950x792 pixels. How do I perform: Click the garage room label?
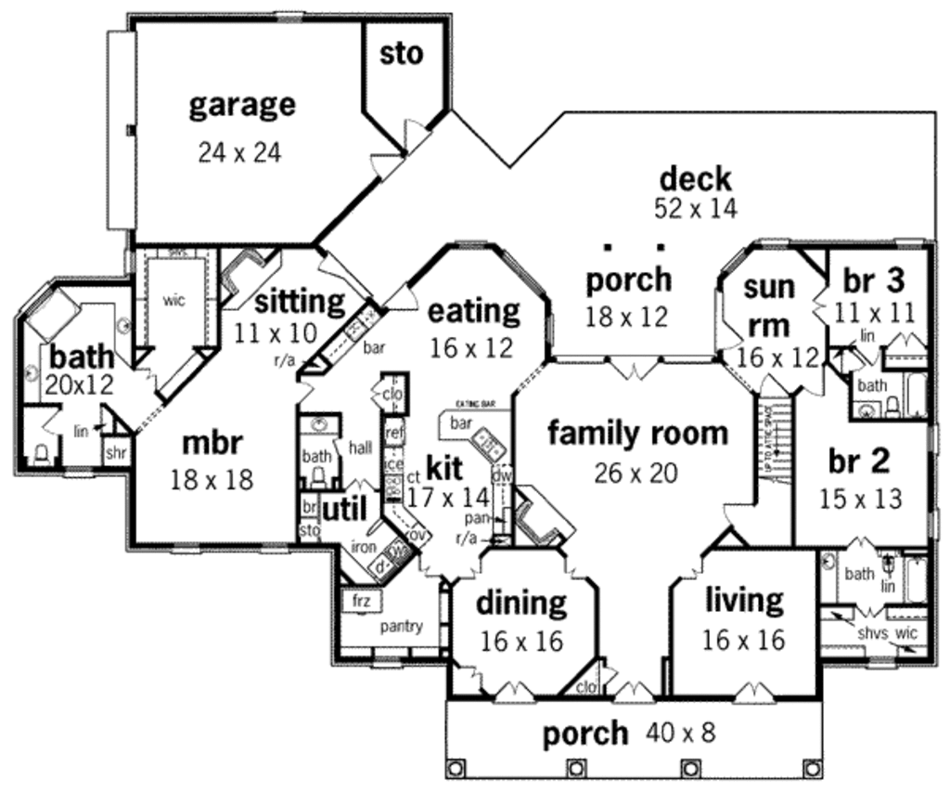pyautogui.click(x=242, y=105)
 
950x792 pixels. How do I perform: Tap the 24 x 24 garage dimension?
pyautogui.click(x=239, y=151)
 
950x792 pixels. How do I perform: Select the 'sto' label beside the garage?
pyautogui.click(x=401, y=54)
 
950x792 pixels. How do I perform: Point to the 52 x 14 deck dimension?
pyautogui.click(x=696, y=208)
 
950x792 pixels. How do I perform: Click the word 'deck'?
pyautogui.click(x=695, y=178)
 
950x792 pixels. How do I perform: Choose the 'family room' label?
pyautogui.click(x=637, y=433)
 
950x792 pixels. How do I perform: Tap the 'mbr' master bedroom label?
pyautogui.click(x=212, y=444)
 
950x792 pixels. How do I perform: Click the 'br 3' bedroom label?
pyautogui.click(x=874, y=279)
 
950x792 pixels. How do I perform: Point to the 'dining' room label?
pyautogui.click(x=520, y=604)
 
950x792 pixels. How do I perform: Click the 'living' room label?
pyautogui.click(x=743, y=601)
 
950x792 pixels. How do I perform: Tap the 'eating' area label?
pyautogui.click(x=473, y=311)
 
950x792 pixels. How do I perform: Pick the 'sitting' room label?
pyautogui.click(x=299, y=301)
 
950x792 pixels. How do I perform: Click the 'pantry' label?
pyautogui.click(x=401, y=627)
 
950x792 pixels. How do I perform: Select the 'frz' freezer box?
pyautogui.click(x=362, y=602)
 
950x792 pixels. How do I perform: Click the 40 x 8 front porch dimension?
pyautogui.click(x=681, y=734)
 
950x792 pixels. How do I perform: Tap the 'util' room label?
pyautogui.click(x=344, y=509)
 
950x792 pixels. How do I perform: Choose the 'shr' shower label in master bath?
pyautogui.click(x=116, y=452)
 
